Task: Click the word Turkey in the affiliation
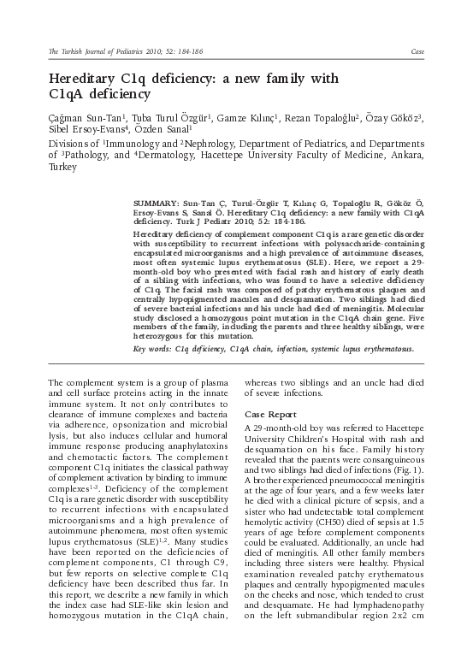click(62, 168)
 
